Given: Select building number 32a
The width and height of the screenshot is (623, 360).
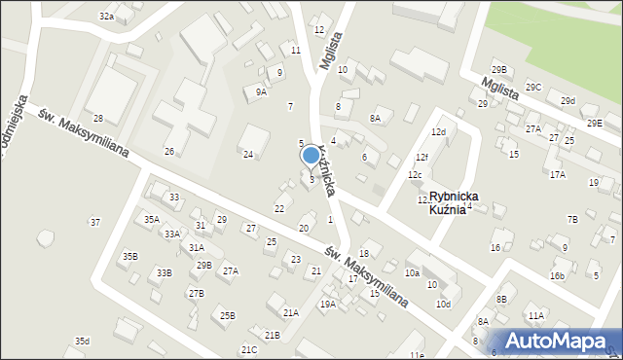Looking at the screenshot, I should [x=106, y=17].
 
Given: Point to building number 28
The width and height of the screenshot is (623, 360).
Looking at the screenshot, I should [x=98, y=118].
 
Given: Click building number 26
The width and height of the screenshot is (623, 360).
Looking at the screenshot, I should [x=168, y=151].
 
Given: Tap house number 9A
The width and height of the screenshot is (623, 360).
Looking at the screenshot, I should [x=261, y=91].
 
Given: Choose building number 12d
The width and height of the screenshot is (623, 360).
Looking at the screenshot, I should [x=438, y=131].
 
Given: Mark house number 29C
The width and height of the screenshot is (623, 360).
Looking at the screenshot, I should [x=533, y=87].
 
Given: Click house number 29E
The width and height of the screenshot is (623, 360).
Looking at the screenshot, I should [x=594, y=124].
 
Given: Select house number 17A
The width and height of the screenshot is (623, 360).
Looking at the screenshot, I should [x=557, y=174].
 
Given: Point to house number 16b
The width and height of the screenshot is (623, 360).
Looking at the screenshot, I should [x=557, y=275].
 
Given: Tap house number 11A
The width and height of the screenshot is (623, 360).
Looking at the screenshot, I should [x=535, y=315].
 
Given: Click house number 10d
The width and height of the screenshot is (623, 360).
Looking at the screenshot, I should [x=443, y=305].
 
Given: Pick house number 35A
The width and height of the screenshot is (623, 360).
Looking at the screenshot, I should [x=152, y=219].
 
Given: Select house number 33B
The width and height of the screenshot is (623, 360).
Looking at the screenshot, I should [x=164, y=272].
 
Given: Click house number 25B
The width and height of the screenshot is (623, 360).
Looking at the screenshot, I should [x=227, y=315].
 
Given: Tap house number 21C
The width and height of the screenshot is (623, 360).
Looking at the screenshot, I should [x=248, y=349].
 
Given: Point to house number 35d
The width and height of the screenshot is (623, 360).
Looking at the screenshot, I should [x=82, y=341].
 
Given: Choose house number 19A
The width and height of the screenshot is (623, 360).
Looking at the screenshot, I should [x=328, y=304].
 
